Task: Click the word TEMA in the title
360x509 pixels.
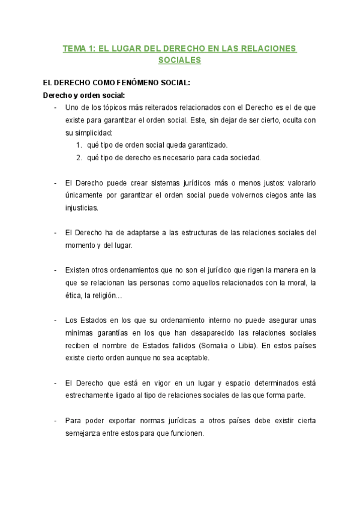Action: pyautogui.click(x=75, y=49)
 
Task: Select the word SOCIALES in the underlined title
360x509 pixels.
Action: pyautogui.click(x=180, y=61)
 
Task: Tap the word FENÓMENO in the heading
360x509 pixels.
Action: pyautogui.click(x=121, y=83)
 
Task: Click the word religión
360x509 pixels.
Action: pyautogui.click(x=109, y=296)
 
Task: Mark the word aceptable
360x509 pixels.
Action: pyautogui.click(x=187, y=358)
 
